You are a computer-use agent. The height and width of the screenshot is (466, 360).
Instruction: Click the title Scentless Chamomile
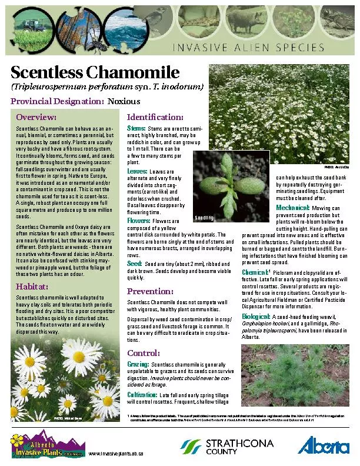coord(95,73)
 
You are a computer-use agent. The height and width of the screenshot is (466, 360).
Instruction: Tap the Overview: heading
coord(36,117)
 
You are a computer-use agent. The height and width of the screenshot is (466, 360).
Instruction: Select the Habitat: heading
coord(32,287)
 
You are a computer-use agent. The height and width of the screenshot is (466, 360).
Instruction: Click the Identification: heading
coord(155,116)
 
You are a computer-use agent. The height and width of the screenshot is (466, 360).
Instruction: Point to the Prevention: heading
coord(150,291)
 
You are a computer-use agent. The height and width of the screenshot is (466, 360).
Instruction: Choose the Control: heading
coord(144,353)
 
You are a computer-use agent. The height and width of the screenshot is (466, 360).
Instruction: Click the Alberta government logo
coord(323,446)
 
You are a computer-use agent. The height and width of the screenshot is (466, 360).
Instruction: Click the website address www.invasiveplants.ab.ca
coord(115,454)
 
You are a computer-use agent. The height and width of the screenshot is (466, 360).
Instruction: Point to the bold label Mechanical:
coord(292,208)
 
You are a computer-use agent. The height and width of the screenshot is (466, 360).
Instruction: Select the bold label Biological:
coord(256,317)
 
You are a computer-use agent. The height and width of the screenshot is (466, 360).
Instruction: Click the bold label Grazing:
coord(138,365)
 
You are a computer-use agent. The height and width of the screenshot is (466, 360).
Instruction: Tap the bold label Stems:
coord(136,128)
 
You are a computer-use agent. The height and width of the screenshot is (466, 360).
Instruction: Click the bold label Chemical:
coord(255,272)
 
